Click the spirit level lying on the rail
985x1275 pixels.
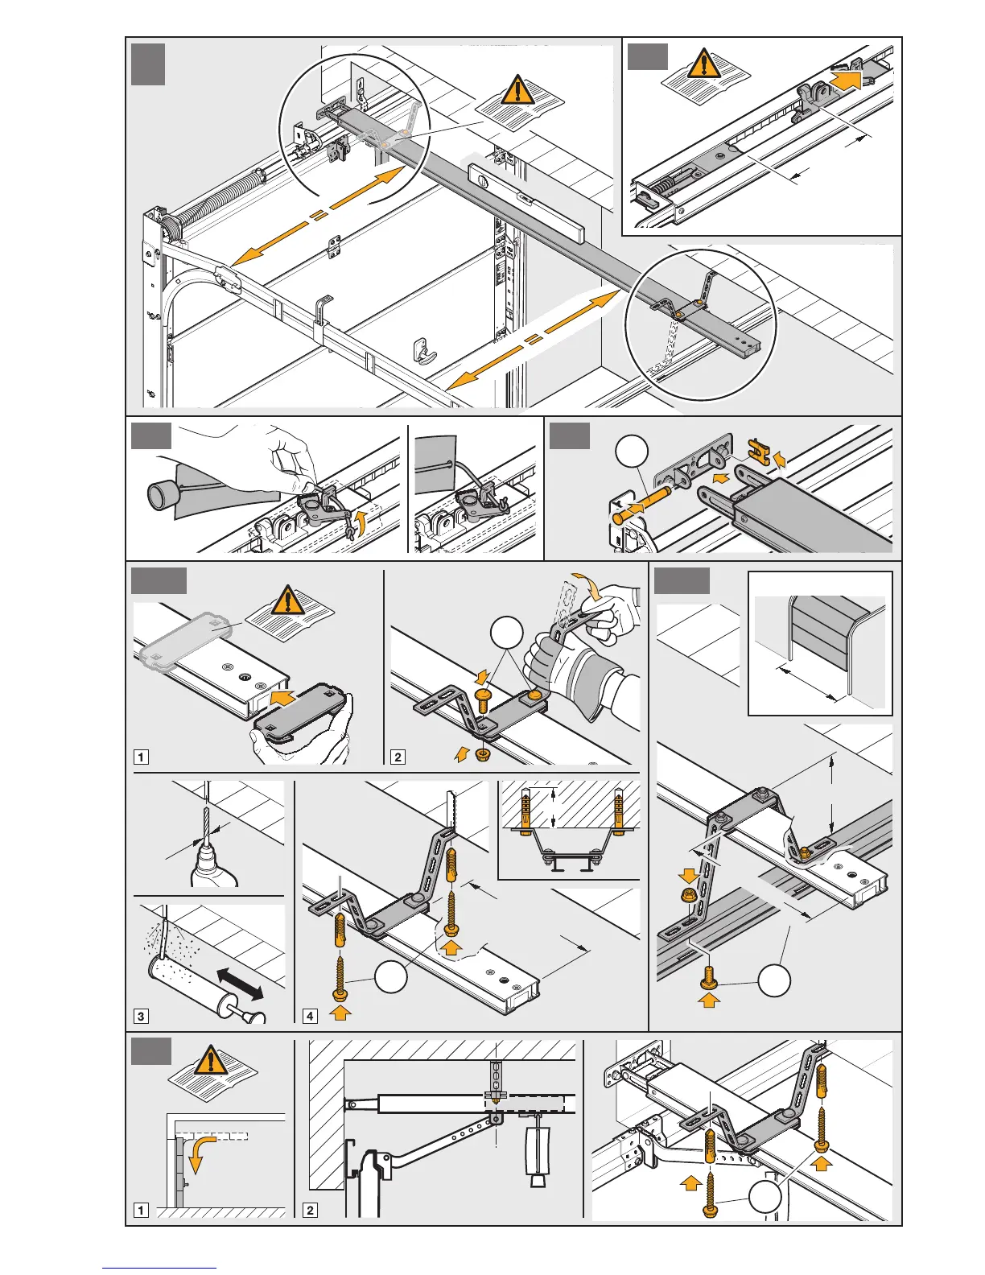pos(523,197)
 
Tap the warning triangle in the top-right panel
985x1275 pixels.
pos(706,63)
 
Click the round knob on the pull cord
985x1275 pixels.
pos(162,493)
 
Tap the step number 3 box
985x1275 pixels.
pos(141,1016)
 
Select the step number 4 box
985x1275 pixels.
pos(310,1016)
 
